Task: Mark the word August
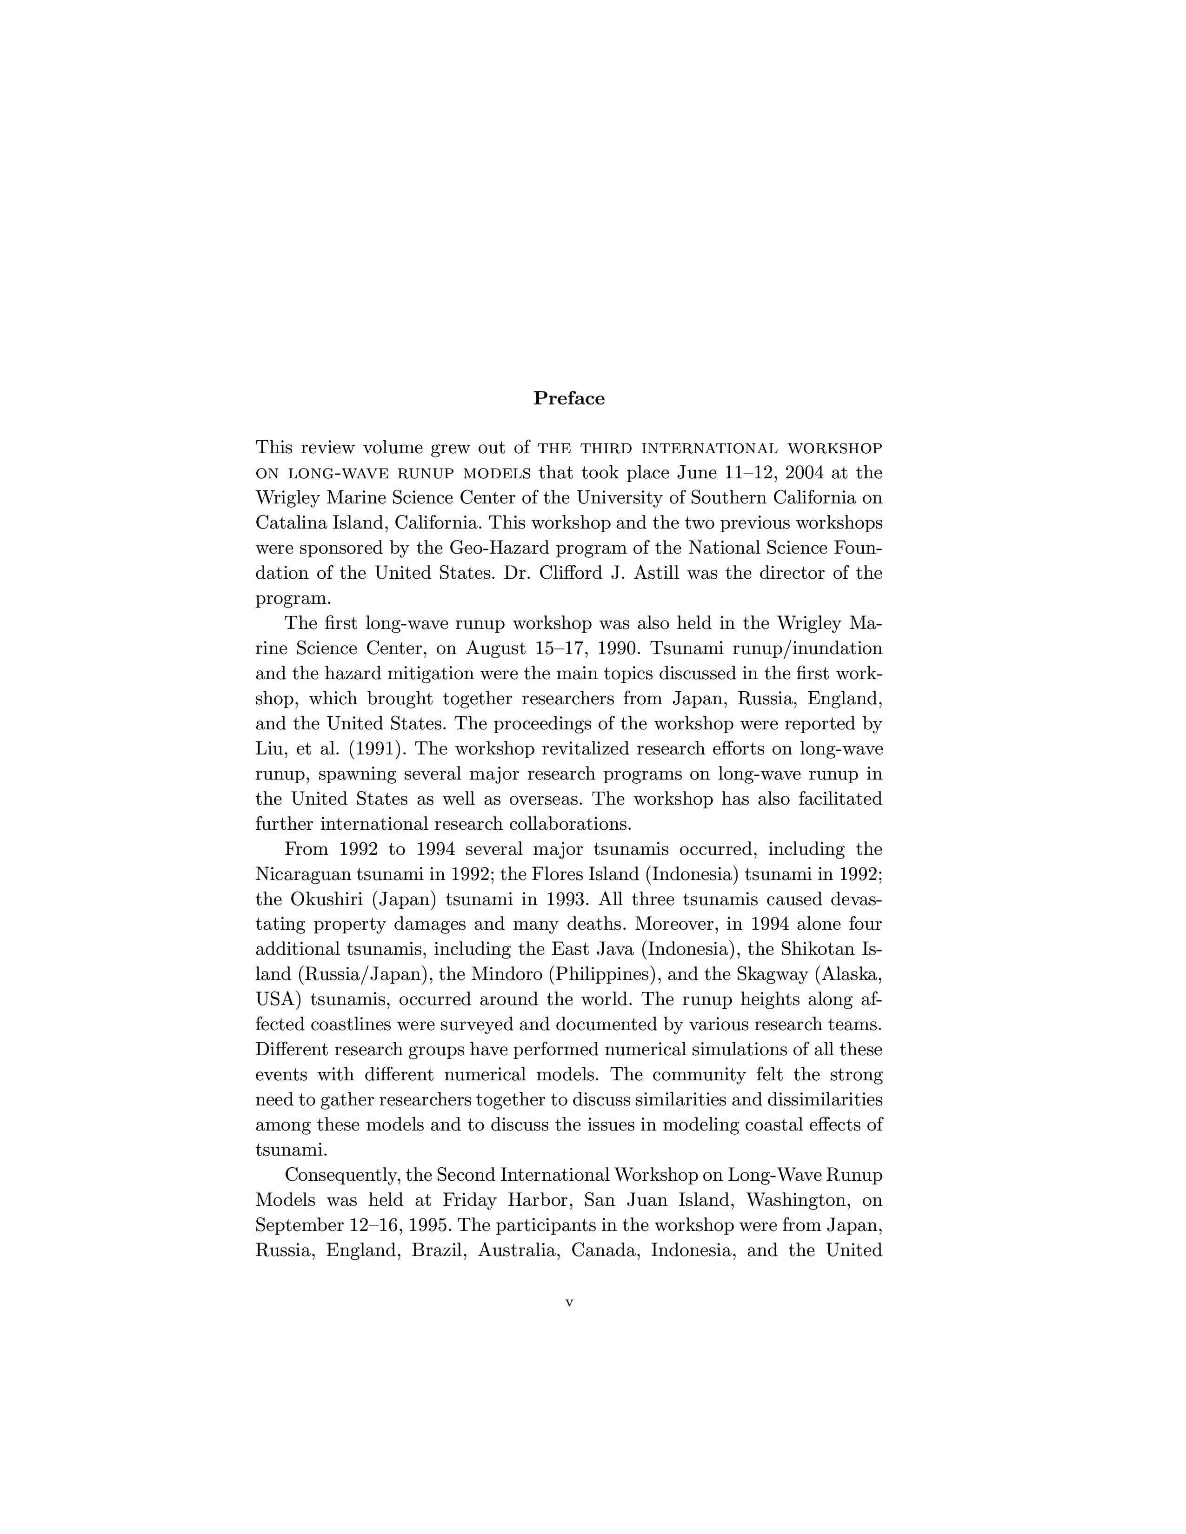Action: point(495,648)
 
